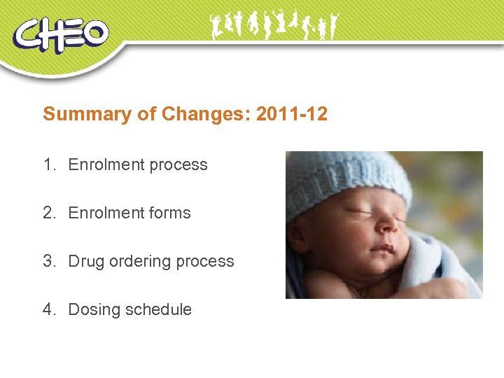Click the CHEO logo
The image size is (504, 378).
(x=61, y=35)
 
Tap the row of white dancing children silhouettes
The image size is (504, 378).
(x=274, y=26)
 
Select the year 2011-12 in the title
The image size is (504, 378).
(x=291, y=114)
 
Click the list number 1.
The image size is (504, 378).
(x=48, y=165)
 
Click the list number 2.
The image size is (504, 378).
(x=48, y=213)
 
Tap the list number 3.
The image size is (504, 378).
(x=48, y=261)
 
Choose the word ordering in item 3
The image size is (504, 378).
(x=139, y=262)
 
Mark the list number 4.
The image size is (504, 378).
(x=48, y=309)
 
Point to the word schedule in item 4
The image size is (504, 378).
(x=159, y=309)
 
